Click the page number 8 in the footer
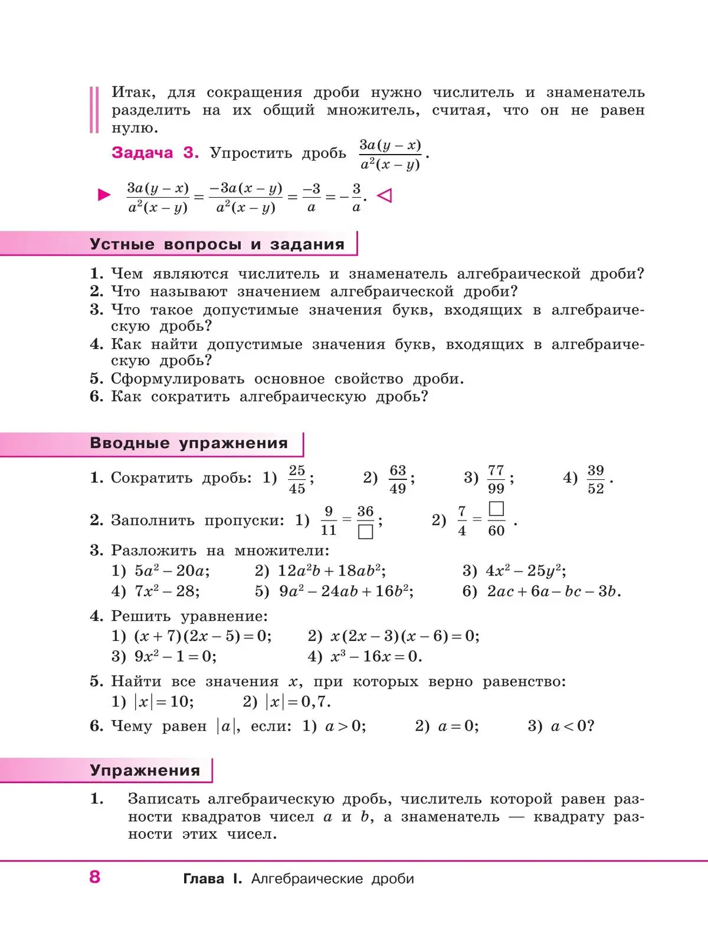[x=95, y=876]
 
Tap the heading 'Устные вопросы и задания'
[x=217, y=244]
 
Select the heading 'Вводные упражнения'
[x=188, y=443]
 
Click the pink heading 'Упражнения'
[x=145, y=770]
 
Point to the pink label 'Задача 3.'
[x=155, y=153]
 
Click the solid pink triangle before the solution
[x=104, y=195]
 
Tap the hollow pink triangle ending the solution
[x=384, y=195]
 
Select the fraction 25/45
[x=297, y=479]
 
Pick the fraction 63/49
[x=398, y=479]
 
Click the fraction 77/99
[x=496, y=479]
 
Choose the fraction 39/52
[x=596, y=479]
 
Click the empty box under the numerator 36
[x=366, y=532]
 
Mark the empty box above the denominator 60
[x=497, y=509]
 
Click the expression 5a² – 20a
[x=172, y=571]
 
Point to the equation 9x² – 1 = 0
[x=175, y=656]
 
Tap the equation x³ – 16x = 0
[x=376, y=656]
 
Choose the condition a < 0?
[x=572, y=726]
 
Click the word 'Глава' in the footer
[x=204, y=879]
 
